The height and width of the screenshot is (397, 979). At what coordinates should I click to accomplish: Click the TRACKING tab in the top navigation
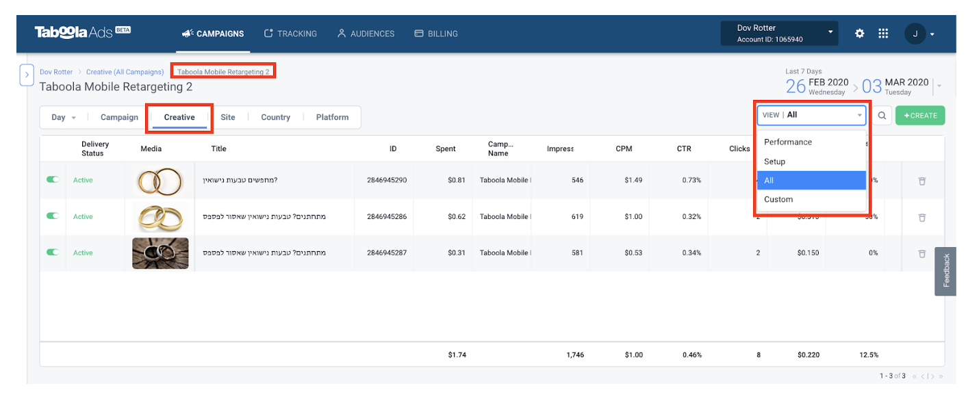click(290, 34)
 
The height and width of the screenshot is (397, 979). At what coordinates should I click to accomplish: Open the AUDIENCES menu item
click(366, 34)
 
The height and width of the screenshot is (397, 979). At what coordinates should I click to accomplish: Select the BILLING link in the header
click(436, 34)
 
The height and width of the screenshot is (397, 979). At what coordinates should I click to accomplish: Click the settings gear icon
click(860, 34)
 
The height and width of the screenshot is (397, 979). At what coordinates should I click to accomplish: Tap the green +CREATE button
click(919, 116)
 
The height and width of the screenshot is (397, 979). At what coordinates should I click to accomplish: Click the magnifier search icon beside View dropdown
click(882, 116)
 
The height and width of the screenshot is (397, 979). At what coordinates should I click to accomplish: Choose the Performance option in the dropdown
click(788, 142)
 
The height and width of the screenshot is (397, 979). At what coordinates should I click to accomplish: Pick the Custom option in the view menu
click(778, 200)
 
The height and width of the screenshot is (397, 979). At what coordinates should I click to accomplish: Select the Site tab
click(228, 117)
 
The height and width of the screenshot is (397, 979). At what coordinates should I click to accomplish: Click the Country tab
click(275, 117)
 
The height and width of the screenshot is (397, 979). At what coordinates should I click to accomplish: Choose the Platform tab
click(332, 117)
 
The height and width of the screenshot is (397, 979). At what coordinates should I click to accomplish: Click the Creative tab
click(179, 117)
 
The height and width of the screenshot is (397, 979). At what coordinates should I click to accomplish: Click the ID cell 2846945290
click(386, 181)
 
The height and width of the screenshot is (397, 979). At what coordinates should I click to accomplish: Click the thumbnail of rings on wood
click(160, 253)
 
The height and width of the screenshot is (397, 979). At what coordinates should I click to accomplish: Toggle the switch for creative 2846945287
click(53, 253)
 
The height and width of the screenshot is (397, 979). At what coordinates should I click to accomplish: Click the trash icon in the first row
click(921, 181)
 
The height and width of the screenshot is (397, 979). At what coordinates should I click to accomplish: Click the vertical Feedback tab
click(946, 271)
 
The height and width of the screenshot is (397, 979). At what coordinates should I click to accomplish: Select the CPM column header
click(623, 149)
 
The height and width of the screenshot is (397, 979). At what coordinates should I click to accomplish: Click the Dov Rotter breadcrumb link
click(55, 72)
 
